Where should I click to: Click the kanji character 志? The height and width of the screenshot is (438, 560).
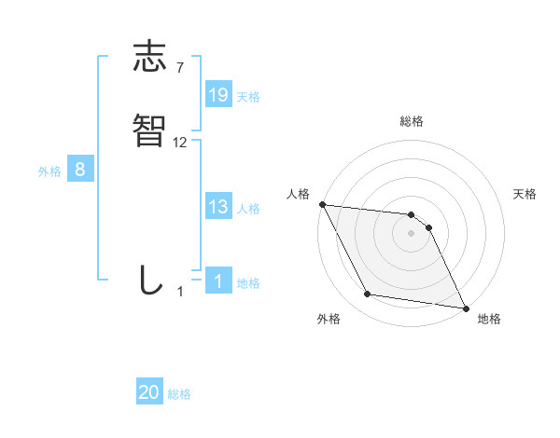[x=149, y=58]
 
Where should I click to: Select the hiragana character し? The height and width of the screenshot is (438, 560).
[x=149, y=280]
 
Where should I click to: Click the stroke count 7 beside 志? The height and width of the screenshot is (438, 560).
[x=180, y=67]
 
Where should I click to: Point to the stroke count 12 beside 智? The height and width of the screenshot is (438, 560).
[x=180, y=143]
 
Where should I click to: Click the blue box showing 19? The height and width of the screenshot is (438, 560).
[x=218, y=95]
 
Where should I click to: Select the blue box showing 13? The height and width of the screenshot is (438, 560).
[x=218, y=207]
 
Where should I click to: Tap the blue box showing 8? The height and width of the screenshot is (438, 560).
[x=80, y=170]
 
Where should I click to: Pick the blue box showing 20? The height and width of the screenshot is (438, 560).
[x=149, y=393]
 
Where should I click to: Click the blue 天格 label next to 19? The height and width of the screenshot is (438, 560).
[x=248, y=97]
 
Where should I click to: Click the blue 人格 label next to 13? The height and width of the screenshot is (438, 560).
[x=248, y=209]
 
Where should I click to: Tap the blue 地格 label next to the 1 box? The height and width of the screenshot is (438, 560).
[x=248, y=283]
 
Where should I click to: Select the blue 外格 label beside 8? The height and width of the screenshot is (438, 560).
[x=49, y=171]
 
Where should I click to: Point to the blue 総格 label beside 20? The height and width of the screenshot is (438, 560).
[x=179, y=395]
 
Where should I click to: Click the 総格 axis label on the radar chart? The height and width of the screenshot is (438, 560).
[x=412, y=121]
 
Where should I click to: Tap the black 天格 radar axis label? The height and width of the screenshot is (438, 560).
[x=525, y=194]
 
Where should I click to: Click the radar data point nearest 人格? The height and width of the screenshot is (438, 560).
[x=322, y=204]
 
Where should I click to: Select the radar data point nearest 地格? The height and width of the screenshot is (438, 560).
[x=465, y=308]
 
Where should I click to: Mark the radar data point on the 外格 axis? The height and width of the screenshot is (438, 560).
[x=368, y=295]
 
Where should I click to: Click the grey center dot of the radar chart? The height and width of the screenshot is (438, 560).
[x=412, y=233]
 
